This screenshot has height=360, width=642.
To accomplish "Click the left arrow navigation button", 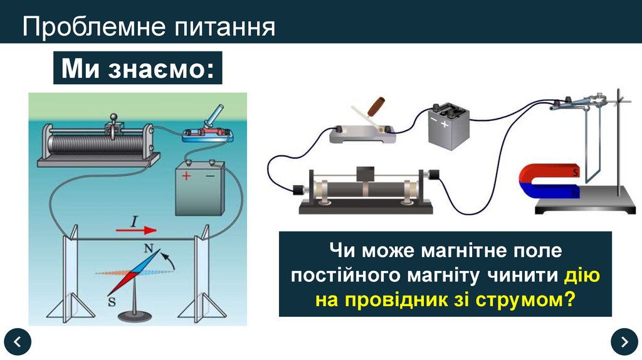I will [x=17, y=341].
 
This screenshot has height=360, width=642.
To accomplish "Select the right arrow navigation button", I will [x=624, y=341].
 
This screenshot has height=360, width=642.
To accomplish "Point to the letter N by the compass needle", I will [x=149, y=248].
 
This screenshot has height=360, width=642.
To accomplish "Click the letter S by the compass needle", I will [x=112, y=300].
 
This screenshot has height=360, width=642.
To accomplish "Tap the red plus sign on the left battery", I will [x=186, y=176].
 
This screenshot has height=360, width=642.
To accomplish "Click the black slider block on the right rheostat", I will [x=364, y=175].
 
